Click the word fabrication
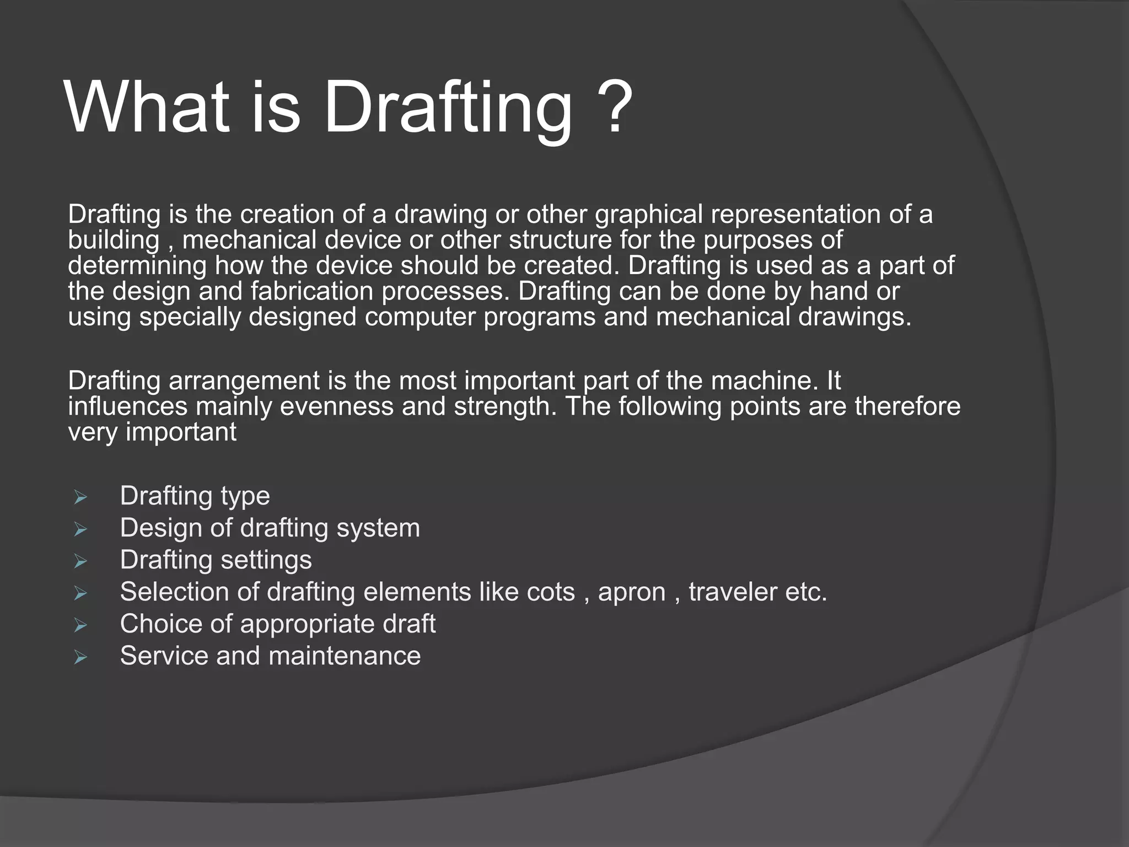coord(312,291)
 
